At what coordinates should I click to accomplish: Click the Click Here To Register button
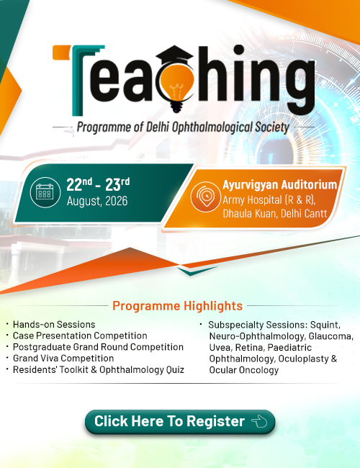(180, 421)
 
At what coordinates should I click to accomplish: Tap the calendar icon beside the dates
(45, 192)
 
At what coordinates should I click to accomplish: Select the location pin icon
(206, 197)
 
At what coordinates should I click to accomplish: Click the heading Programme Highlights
(177, 306)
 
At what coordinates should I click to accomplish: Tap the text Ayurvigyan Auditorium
(279, 185)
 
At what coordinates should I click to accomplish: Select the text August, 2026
(97, 201)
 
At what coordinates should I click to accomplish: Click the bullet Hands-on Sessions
(54, 325)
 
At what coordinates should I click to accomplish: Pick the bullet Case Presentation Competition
(80, 336)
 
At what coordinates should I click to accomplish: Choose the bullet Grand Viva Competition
(63, 358)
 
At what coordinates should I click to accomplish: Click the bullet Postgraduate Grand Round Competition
(98, 347)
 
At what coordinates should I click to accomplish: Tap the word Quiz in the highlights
(175, 370)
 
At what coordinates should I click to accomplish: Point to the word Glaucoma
(331, 336)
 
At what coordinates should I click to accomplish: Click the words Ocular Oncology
(244, 370)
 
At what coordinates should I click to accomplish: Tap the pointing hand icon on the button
(259, 421)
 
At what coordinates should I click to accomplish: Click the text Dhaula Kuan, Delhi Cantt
(275, 214)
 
